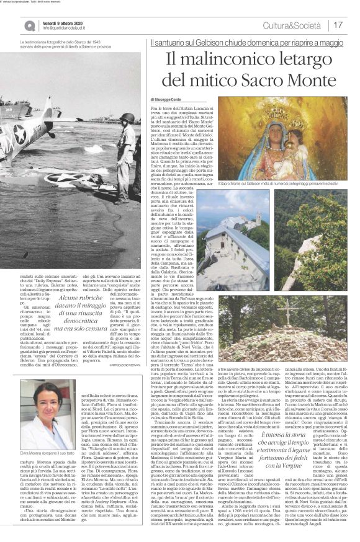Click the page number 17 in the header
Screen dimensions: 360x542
(339, 25)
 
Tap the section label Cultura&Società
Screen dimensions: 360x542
(298, 25)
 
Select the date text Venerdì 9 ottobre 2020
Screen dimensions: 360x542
(63, 22)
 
